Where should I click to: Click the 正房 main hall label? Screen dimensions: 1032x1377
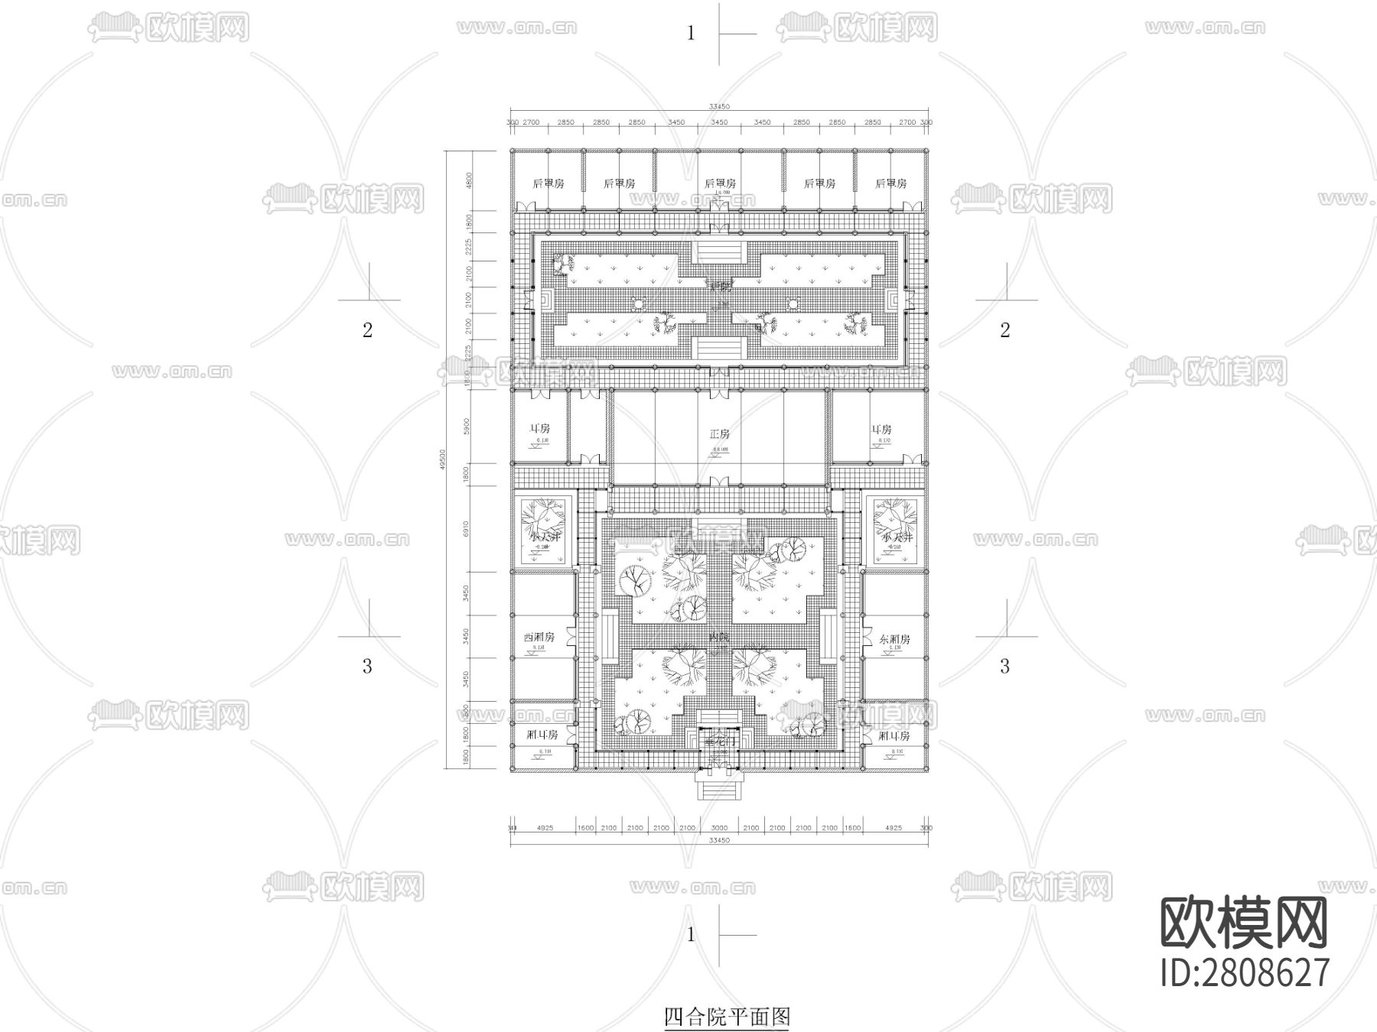coord(719,433)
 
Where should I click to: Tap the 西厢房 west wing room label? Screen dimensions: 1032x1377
coord(539,637)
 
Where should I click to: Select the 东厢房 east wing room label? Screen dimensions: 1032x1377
coord(894,639)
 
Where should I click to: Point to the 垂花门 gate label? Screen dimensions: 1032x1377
coord(718,742)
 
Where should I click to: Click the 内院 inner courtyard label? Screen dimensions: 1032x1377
coord(719,637)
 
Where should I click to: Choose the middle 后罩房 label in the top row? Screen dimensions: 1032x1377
coord(719,183)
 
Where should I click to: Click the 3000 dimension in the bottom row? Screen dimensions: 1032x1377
coord(719,828)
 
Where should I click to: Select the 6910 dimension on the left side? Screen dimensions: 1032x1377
coord(467,529)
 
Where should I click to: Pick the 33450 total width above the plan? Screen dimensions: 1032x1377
coord(719,106)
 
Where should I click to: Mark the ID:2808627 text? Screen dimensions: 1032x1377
coord(1245,973)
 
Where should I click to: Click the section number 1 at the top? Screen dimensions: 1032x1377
coord(691,33)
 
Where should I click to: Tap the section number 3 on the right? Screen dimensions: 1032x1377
coord(1005,666)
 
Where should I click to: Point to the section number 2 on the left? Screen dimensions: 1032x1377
coord(367,329)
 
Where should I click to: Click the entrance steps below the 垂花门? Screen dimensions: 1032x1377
coord(719,786)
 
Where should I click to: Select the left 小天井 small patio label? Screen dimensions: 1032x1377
coord(544,537)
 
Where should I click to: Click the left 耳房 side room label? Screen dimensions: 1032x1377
coord(540,429)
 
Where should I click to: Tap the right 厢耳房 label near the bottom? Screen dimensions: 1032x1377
coord(894,735)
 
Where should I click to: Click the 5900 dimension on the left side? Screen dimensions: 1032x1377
coord(467,425)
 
